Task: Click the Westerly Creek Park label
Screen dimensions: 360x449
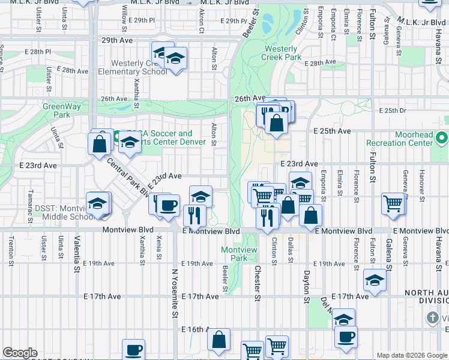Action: (279, 53)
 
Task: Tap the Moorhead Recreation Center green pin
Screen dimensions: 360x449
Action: (442, 139)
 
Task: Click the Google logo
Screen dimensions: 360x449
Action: (20, 353)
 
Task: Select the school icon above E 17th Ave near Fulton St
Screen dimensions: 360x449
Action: (375, 280)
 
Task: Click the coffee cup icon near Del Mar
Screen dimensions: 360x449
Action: (346, 337)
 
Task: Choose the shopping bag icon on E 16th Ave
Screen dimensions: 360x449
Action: (219, 339)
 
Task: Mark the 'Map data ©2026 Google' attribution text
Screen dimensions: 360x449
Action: (411, 355)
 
